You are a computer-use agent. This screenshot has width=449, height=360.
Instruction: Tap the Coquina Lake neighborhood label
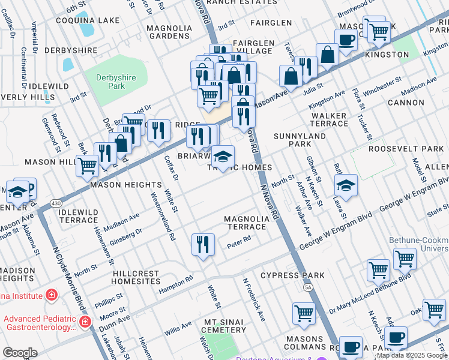(x=88, y=20)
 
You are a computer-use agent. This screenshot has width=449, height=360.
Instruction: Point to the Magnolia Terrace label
(x=245, y=223)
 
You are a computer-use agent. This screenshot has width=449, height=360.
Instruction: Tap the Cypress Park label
(x=292, y=276)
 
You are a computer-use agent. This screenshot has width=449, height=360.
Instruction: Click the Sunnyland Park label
(x=300, y=140)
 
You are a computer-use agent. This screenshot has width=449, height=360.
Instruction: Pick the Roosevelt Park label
(x=406, y=149)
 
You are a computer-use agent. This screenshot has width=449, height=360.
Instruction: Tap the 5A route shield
(x=309, y=288)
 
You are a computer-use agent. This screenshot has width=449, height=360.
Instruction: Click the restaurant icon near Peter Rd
(x=203, y=244)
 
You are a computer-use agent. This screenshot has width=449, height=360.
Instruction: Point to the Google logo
(x=20, y=353)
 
